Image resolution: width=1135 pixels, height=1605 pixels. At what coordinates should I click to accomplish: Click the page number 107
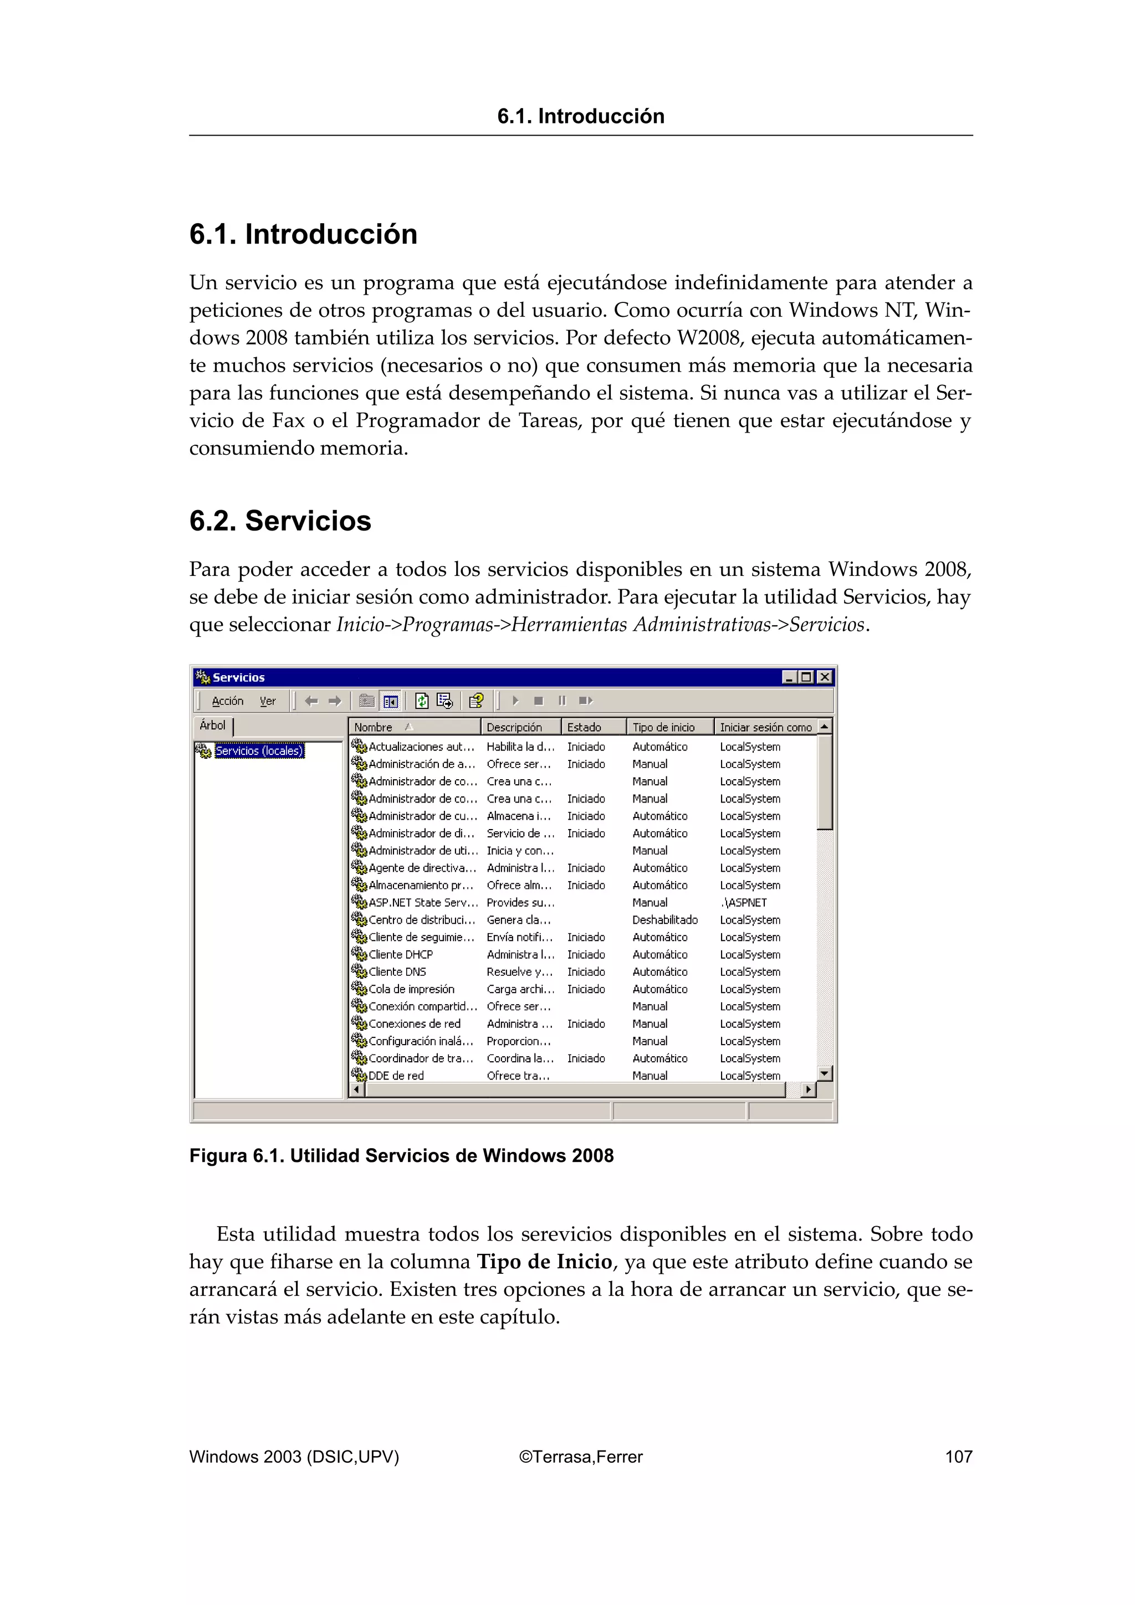click(x=958, y=1457)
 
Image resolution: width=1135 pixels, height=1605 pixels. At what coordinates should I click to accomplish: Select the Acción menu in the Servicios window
click(x=227, y=701)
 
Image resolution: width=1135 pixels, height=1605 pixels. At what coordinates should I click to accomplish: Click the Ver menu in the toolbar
click(x=268, y=701)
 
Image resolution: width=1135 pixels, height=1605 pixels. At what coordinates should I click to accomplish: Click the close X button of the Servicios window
click(x=825, y=677)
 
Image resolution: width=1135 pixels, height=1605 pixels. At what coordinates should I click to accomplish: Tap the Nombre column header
click(x=374, y=727)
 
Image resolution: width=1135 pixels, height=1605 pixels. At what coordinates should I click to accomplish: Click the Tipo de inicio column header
click(x=663, y=727)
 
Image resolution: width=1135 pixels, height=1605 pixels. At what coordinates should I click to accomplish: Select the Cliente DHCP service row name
click(x=401, y=954)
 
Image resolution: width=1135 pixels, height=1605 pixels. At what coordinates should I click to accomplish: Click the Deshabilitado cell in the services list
click(x=664, y=920)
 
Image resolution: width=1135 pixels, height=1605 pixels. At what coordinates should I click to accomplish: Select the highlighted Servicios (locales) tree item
click(x=259, y=751)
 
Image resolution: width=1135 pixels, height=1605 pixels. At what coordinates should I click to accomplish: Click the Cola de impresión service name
click(x=411, y=989)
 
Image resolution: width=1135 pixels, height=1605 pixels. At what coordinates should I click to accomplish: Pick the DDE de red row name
click(x=396, y=1076)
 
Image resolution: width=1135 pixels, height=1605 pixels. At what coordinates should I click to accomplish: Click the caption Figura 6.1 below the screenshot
click(x=401, y=1155)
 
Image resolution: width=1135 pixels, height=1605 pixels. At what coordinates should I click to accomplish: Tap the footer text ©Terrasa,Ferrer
click(x=580, y=1457)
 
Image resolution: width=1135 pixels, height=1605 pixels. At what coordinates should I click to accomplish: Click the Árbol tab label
click(x=213, y=726)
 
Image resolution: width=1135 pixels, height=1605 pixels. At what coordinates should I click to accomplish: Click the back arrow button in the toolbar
click(x=311, y=701)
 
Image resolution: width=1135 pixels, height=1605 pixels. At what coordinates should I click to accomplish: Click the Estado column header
click(x=584, y=727)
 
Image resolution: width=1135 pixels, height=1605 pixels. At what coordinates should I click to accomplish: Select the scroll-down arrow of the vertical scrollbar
click(x=825, y=1073)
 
